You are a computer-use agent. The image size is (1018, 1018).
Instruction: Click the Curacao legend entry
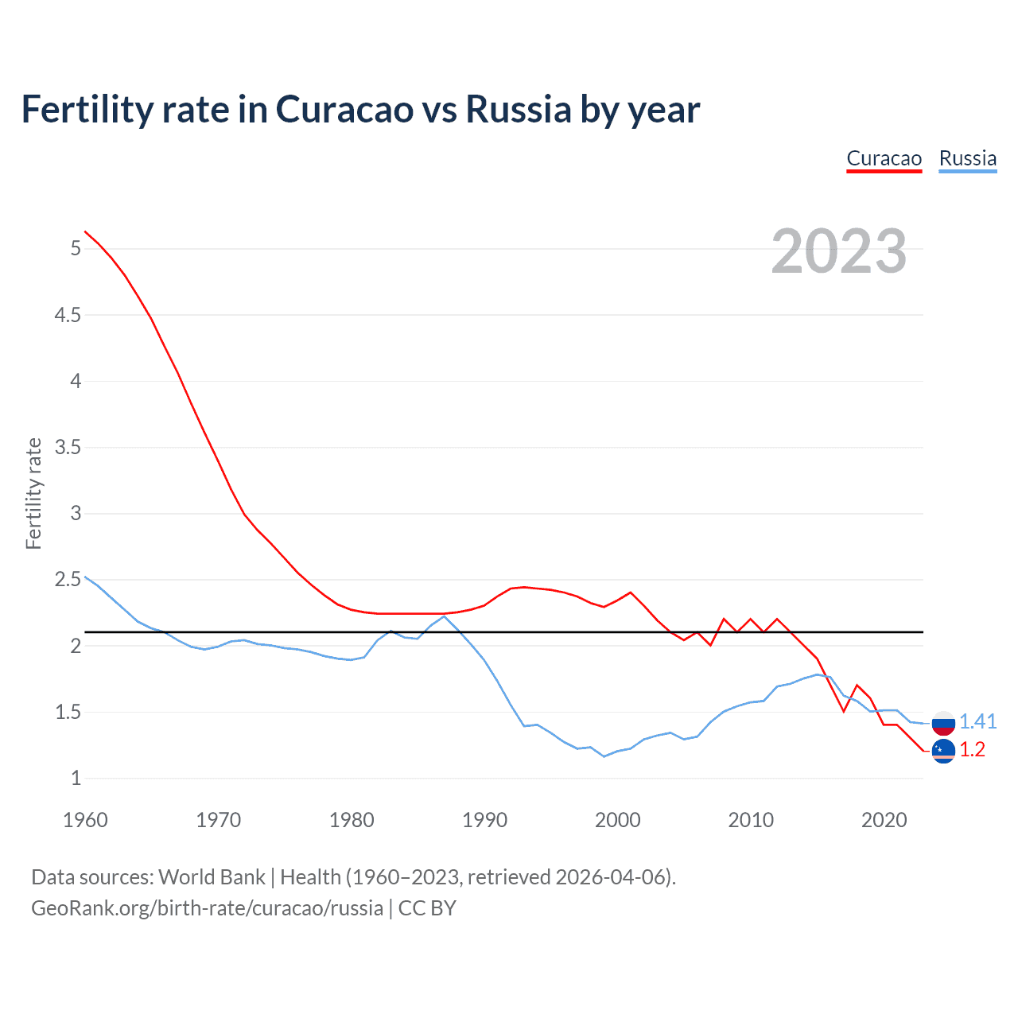pos(884,158)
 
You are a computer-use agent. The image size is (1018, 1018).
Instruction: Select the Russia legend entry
pos(967,158)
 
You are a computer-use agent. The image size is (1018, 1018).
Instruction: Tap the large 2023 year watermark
pos(839,251)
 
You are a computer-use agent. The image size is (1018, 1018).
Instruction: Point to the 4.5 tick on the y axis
pos(68,315)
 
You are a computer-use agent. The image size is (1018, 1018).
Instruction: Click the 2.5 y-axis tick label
pos(68,580)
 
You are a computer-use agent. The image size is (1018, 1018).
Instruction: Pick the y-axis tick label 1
pos(76,779)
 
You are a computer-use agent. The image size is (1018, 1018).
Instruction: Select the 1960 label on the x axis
pos(85,820)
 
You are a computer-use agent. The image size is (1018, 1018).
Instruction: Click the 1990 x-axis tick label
pos(484,820)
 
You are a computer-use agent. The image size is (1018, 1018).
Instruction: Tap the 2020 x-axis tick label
pos(884,820)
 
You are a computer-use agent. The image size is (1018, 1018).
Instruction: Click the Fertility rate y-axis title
pos(33,493)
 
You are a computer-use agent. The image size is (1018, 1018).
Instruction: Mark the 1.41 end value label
pos(977,721)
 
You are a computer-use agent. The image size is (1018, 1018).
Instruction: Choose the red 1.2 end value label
pos(972,750)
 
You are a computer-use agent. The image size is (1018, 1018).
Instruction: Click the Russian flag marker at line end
pos(943,723)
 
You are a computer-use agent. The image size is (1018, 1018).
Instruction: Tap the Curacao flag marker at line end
pos(943,751)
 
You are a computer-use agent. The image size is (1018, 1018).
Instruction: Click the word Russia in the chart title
pos(518,109)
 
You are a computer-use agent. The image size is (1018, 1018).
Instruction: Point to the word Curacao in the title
pos(344,109)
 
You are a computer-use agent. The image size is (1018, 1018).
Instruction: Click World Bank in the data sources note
pos(212,877)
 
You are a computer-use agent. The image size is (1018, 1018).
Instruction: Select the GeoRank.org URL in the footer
pos(207,908)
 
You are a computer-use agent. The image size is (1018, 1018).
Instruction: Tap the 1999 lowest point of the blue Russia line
pos(604,756)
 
